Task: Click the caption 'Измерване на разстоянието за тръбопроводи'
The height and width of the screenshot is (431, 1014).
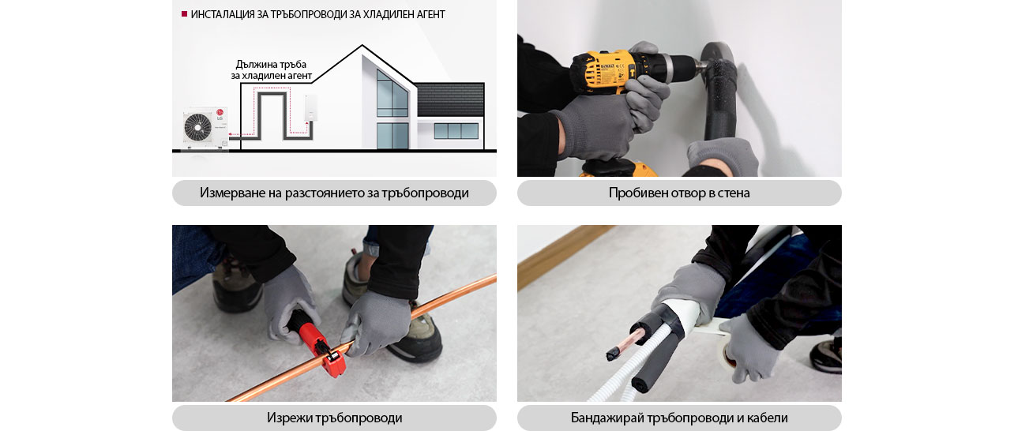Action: [x=334, y=193]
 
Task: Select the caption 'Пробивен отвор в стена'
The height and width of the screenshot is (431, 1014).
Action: [x=679, y=193]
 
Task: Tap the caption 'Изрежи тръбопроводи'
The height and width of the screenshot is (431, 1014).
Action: [x=334, y=418]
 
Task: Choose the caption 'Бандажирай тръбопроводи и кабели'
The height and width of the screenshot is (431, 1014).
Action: [x=679, y=418]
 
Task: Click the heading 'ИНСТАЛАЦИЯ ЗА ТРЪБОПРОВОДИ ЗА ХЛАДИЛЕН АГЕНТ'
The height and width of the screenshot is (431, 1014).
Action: [x=317, y=14]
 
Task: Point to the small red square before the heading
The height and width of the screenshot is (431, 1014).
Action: [x=184, y=14]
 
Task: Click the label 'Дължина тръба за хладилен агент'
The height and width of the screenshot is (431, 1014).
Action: [x=271, y=70]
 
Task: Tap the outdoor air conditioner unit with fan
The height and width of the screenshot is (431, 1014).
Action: [x=205, y=127]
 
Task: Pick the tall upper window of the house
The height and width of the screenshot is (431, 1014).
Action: [x=392, y=93]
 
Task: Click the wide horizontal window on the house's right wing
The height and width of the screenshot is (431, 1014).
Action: [x=456, y=131]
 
